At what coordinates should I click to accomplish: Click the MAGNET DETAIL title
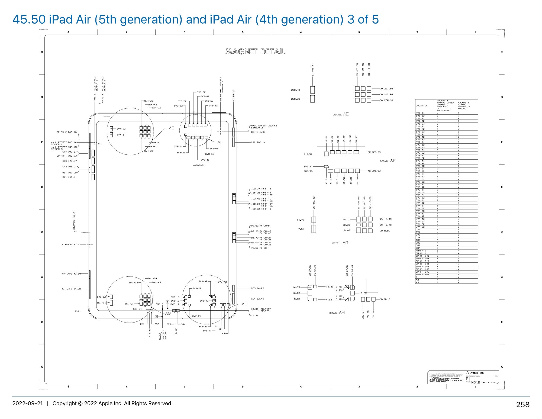[255, 51]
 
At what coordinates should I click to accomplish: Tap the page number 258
[522, 405]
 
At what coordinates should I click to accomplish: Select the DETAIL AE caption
[341, 114]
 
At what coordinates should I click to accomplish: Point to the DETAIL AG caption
[340, 243]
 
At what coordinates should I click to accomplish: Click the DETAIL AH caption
[337, 312]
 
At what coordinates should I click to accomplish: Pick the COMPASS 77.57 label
[72, 244]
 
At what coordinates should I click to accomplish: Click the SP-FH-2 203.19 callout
[67, 132]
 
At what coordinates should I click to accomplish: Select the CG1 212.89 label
[258, 132]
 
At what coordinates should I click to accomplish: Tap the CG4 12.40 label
[257, 299]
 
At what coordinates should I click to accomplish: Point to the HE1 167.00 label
[70, 173]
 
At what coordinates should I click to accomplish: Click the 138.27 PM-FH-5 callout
[261, 189]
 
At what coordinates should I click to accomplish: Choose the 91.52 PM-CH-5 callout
[260, 226]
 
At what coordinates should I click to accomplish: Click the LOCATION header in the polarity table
[422, 106]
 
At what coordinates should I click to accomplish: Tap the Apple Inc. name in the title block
[477, 373]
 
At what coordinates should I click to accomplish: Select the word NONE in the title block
[476, 382]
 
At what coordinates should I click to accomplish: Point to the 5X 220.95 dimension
[374, 152]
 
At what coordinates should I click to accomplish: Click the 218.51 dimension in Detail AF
[308, 154]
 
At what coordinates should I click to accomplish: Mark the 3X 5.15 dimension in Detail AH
[385, 299]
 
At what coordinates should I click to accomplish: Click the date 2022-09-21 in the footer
[28, 403]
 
